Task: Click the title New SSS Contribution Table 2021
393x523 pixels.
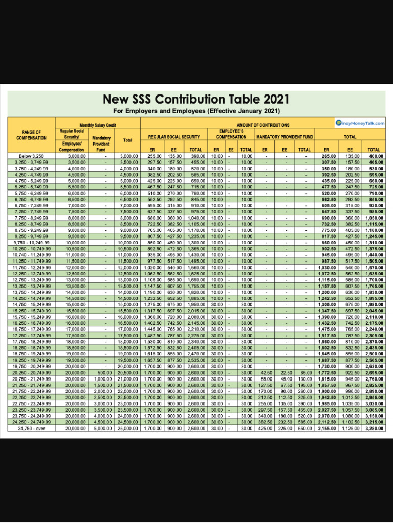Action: click(196, 99)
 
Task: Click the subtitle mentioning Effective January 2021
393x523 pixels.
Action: click(196, 111)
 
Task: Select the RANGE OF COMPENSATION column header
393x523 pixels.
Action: click(32, 135)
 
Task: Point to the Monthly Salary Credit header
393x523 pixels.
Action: click(98, 125)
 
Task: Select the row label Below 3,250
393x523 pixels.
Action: click(32, 155)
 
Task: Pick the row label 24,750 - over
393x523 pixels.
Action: click(32, 428)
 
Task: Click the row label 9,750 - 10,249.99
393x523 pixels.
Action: click(32, 243)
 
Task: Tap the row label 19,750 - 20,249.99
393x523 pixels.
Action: click(32, 366)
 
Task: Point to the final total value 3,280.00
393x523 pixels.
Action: click(376, 428)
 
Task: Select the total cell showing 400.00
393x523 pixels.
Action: click(376, 155)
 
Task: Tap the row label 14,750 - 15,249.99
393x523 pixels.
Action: click(32, 305)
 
